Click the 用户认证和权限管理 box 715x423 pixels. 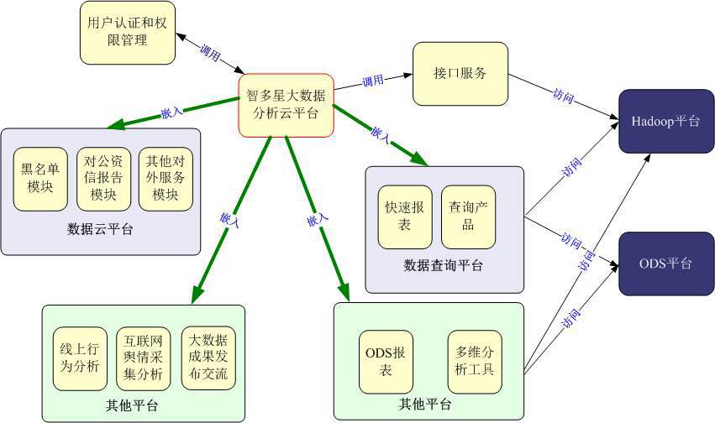[128, 33]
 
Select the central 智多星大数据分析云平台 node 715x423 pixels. [286, 100]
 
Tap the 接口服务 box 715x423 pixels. [461, 73]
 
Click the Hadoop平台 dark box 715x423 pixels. [666, 122]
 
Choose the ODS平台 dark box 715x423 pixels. [666, 264]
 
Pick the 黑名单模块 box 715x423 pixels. [40, 179]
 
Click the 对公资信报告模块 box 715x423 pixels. [103, 179]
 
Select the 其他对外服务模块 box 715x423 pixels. [166, 179]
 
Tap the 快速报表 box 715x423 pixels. [405, 217]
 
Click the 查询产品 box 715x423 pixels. [468, 217]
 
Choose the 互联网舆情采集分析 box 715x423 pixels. [144, 358]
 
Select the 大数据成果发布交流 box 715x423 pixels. [208, 358]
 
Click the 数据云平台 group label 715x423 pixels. [100, 228]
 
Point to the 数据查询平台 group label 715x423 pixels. [444, 266]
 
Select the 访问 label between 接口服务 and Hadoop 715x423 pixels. [564, 95]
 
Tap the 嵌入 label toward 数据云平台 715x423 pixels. [171, 112]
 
